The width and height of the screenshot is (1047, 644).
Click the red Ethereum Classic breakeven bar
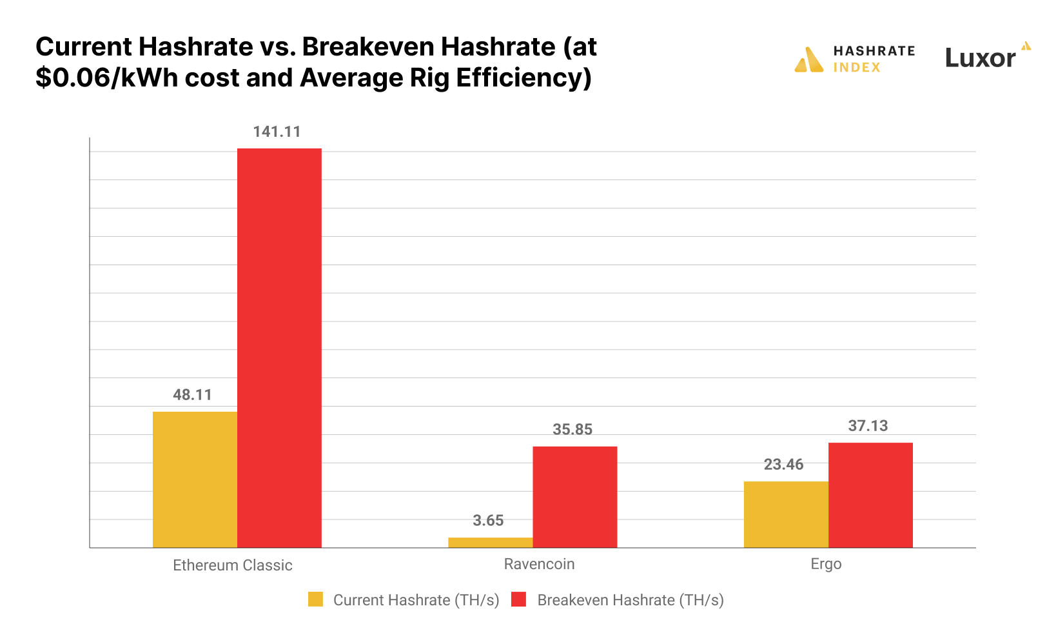(x=279, y=348)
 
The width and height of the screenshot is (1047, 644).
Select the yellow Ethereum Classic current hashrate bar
(x=195, y=479)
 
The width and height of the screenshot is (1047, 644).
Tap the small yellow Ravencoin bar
(x=491, y=543)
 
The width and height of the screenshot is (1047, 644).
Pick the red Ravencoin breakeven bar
(x=575, y=497)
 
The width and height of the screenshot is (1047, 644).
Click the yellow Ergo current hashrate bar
(x=786, y=514)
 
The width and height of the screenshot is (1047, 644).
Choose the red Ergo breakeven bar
(x=870, y=495)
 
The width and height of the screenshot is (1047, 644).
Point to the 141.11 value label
(x=277, y=132)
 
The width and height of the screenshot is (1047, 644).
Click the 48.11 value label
(x=192, y=395)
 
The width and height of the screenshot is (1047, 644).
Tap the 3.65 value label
(x=488, y=521)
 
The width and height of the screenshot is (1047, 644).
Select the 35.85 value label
(x=572, y=430)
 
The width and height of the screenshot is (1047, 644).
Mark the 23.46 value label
(x=783, y=465)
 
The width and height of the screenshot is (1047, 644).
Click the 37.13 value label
(x=868, y=426)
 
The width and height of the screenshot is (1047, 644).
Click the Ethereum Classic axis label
(x=233, y=565)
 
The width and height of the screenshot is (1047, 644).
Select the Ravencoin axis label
(x=539, y=564)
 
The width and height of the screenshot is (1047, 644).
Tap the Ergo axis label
(x=826, y=564)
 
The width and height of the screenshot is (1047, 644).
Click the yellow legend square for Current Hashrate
(x=315, y=599)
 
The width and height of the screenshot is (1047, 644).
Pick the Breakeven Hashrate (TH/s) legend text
(x=630, y=600)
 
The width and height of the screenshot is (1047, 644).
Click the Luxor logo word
(x=980, y=58)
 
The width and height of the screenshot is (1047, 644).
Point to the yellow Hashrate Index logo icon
(x=809, y=59)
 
